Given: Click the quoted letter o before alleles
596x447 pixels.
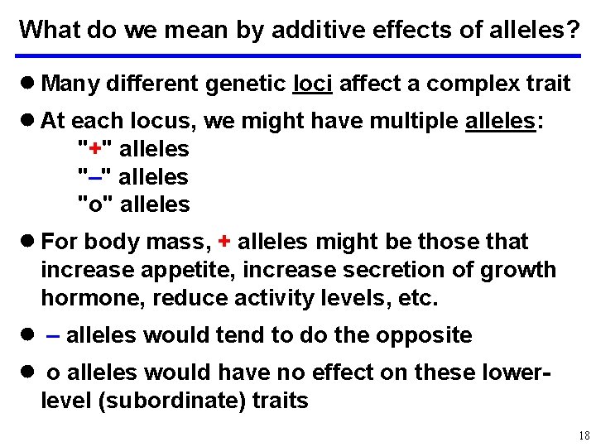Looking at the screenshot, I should [x=95, y=204].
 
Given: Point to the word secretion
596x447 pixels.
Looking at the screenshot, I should [x=373, y=270].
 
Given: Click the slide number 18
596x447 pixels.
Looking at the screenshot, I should [x=584, y=435].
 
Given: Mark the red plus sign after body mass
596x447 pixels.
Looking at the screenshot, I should [x=223, y=242].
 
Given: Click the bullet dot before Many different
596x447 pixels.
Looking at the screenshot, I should [x=27, y=83].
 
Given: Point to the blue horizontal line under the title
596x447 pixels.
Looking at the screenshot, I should [x=298, y=56].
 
